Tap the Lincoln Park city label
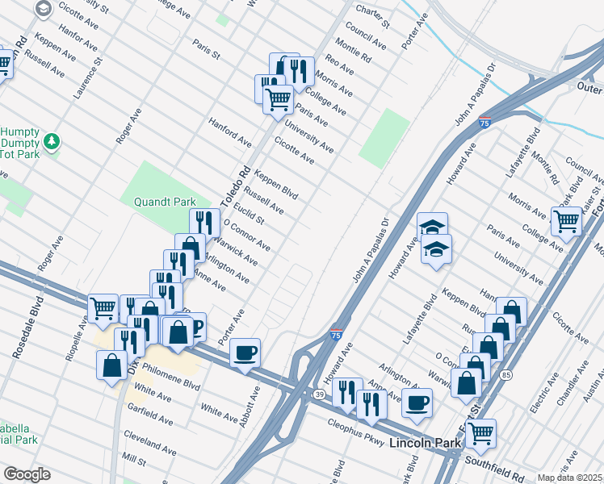(425, 444)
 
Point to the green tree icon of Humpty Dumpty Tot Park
(52, 142)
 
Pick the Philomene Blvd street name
(170, 375)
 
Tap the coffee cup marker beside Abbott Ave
(245, 353)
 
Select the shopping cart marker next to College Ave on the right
(567, 220)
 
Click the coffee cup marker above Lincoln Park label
(417, 403)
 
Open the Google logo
(26, 474)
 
